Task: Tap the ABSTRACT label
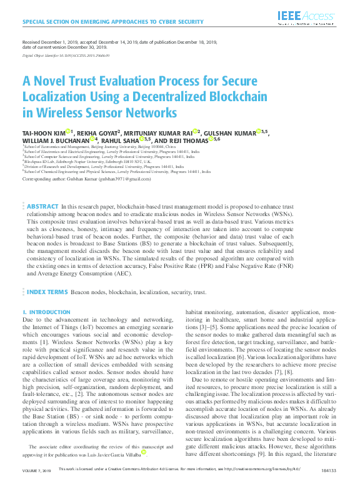point(43,206)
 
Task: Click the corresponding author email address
point(127,179)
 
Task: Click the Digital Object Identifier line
point(66,56)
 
